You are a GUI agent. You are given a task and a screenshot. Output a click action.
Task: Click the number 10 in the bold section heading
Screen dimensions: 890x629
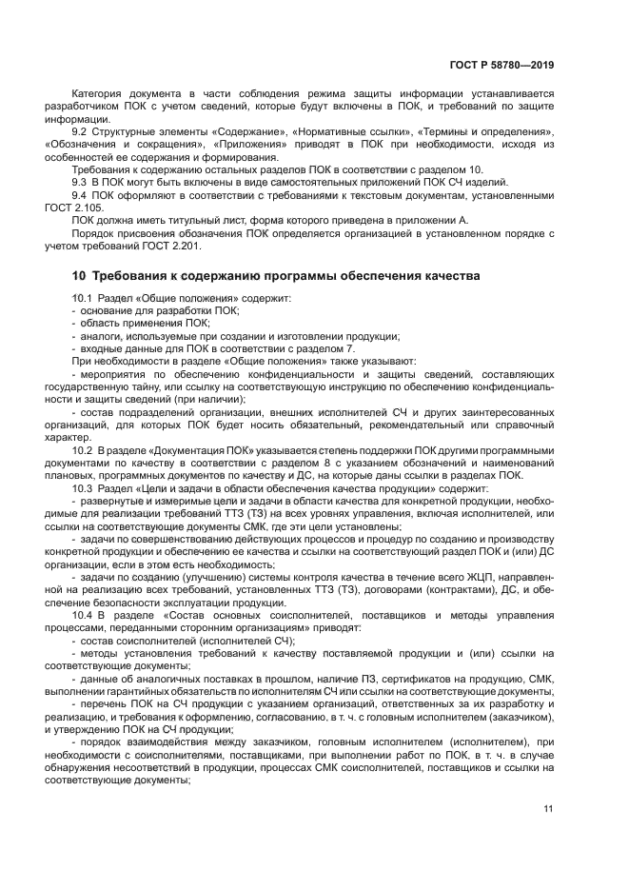pyautogui.click(x=80, y=276)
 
